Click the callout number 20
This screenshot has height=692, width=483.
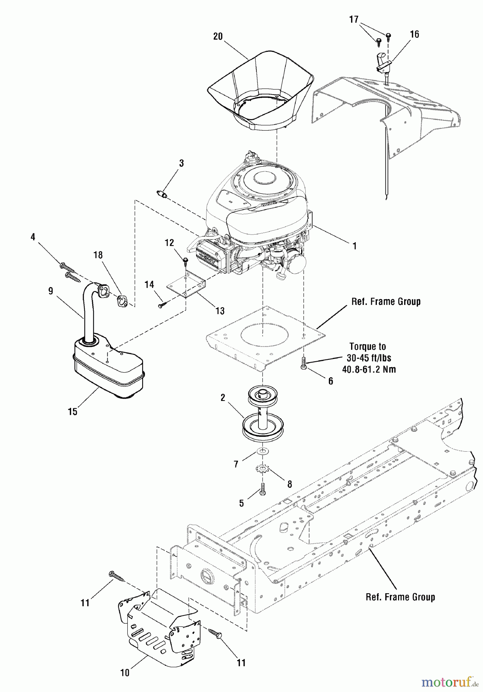[x=218, y=37]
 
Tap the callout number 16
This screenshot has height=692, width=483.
[x=414, y=34]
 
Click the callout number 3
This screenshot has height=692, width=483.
[x=181, y=163]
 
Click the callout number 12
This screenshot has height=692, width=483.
[x=169, y=243]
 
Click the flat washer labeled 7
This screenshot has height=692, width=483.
[x=263, y=450]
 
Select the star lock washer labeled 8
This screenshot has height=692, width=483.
[x=262, y=469]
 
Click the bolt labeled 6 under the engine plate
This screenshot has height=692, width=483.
[x=303, y=363]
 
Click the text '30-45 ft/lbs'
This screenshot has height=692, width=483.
[x=368, y=358]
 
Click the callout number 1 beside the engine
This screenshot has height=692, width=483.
[x=355, y=246]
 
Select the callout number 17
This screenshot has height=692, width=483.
[x=354, y=19]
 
